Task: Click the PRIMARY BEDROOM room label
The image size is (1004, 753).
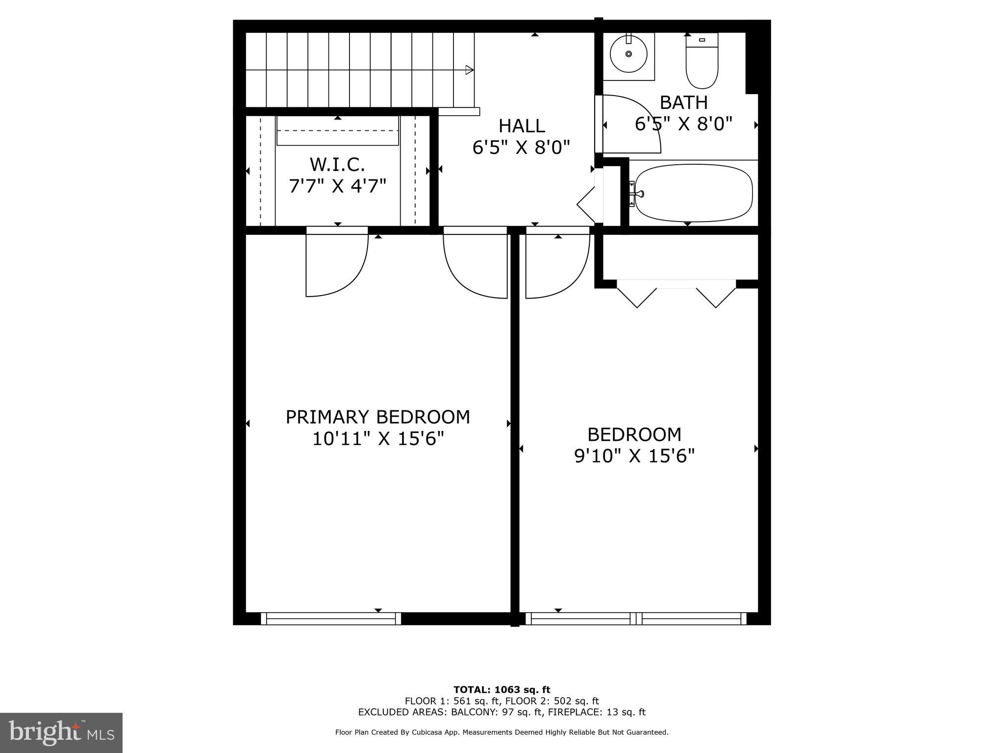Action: coord(377,417)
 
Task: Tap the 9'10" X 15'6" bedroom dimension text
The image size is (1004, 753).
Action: coord(634,456)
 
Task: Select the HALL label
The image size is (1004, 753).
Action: coord(522,126)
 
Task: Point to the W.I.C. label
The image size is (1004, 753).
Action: coord(337,164)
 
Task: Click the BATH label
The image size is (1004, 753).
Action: coord(683,102)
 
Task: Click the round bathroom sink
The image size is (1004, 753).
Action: coord(628,54)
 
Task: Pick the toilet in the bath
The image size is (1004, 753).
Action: coord(702,66)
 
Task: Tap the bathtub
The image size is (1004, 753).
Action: coord(693,193)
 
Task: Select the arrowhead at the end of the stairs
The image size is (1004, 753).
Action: coord(469,70)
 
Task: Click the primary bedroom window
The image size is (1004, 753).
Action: coord(331,619)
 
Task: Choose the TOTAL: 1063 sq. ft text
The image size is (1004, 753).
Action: coord(502,690)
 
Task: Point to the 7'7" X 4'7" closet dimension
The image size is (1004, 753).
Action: coord(337,186)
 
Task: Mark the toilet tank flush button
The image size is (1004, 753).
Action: coord(702,40)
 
